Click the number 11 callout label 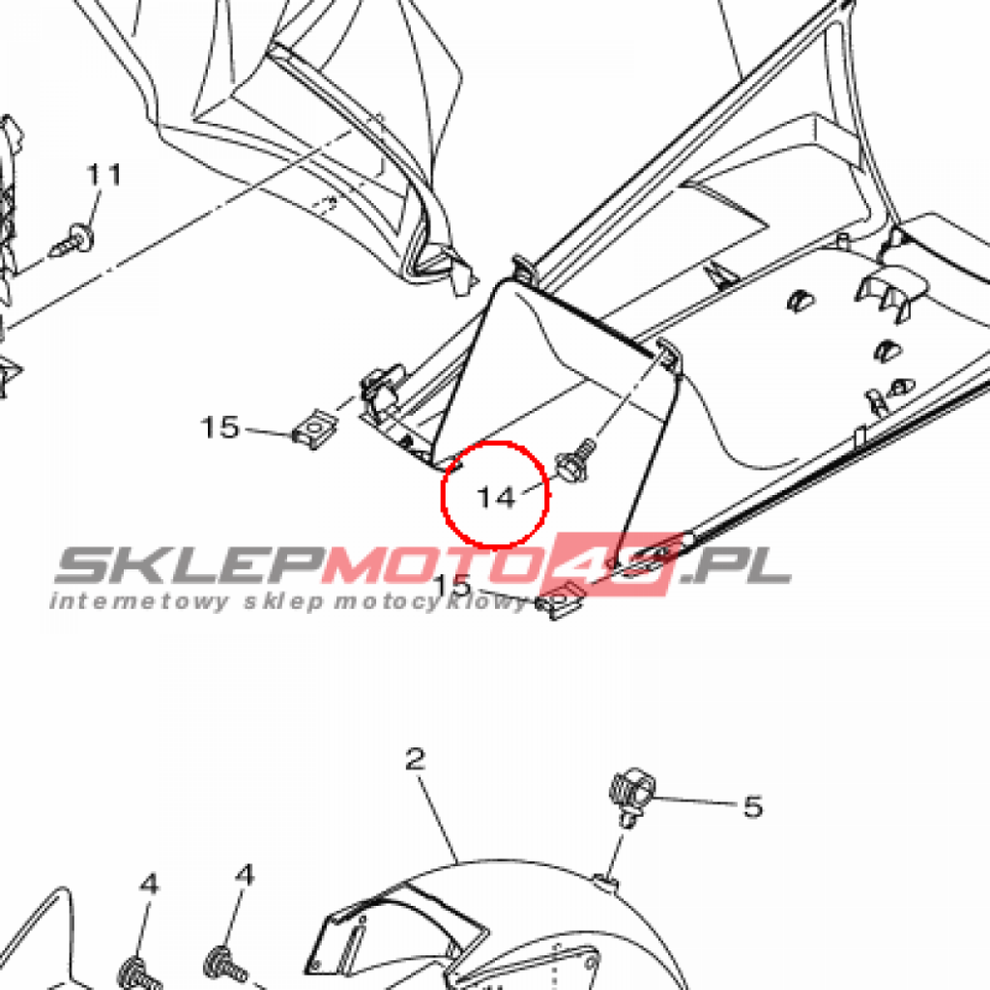coord(104,175)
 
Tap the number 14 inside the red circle coord(497,497)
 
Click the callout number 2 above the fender coord(415,759)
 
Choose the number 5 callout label coord(753,806)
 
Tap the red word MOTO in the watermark coord(435,567)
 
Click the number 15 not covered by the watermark coord(220,426)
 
